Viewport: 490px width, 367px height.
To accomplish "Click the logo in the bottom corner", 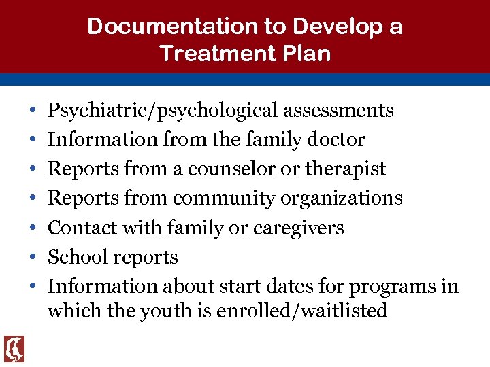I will point(14,349).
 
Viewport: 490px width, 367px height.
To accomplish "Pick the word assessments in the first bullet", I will point(338,110).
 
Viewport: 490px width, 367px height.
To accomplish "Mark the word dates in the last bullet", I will point(276,287).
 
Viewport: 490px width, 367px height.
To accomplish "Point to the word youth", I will point(161,311).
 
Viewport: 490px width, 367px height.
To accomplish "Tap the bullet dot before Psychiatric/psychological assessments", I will point(33,111).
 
